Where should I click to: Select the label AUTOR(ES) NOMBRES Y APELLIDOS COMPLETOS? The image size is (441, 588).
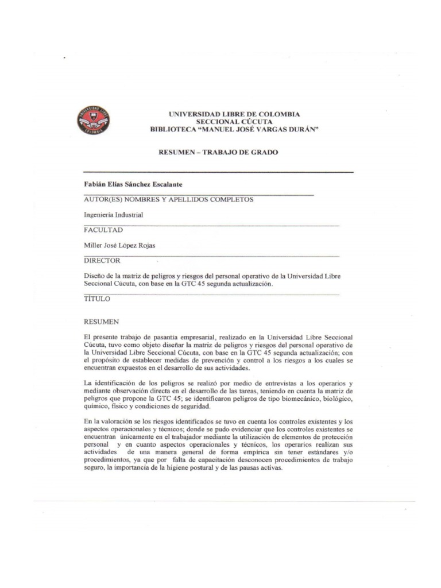pos(168,199)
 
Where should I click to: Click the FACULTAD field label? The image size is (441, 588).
pos(103,230)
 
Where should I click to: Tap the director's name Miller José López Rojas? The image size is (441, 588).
pos(119,245)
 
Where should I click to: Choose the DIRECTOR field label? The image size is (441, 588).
pos(102,261)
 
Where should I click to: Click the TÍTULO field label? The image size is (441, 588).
pos(97,299)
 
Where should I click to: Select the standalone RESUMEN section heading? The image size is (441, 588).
pos(101,322)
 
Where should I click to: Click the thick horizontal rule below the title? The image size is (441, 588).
pos(218,172)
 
